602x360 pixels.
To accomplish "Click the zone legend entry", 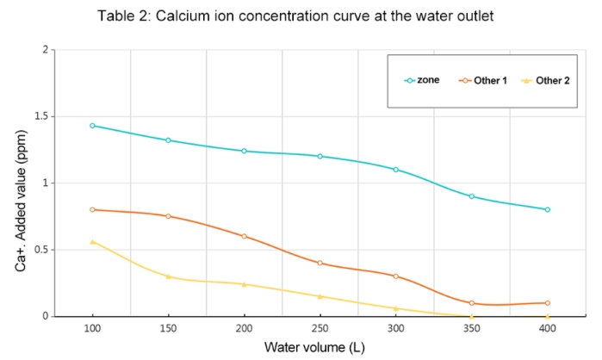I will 423,80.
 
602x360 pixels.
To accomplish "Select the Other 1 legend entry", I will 483,80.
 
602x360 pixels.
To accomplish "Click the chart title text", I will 301,16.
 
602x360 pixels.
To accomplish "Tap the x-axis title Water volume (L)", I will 320,348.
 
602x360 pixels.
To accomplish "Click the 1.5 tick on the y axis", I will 38,116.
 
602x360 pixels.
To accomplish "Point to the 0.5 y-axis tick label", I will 38,250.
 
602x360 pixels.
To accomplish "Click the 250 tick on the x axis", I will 320,330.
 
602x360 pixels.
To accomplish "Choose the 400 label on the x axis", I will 547,330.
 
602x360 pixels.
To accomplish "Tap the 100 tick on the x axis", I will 92,330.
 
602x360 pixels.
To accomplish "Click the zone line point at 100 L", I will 92,126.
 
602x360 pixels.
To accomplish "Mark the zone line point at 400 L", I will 547,209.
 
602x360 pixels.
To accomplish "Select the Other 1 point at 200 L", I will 244,236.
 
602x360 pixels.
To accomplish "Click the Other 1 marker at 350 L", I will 471,303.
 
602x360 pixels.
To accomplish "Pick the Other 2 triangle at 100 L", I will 92,242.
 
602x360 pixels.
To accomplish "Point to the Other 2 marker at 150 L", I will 168,276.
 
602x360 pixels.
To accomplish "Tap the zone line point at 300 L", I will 395,170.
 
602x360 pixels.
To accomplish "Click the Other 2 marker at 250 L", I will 320,296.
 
